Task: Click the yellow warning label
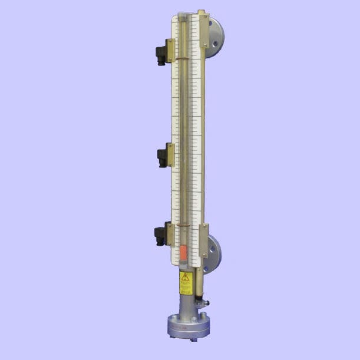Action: [x=186, y=283]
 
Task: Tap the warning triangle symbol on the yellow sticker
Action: [x=186, y=276]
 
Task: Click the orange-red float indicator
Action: [x=183, y=253]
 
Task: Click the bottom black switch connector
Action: [x=160, y=236]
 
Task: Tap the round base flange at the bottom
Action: [x=187, y=328]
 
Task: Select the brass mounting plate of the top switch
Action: [x=170, y=51]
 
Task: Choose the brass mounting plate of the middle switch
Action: [x=171, y=154]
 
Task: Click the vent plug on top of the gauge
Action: [x=201, y=11]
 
